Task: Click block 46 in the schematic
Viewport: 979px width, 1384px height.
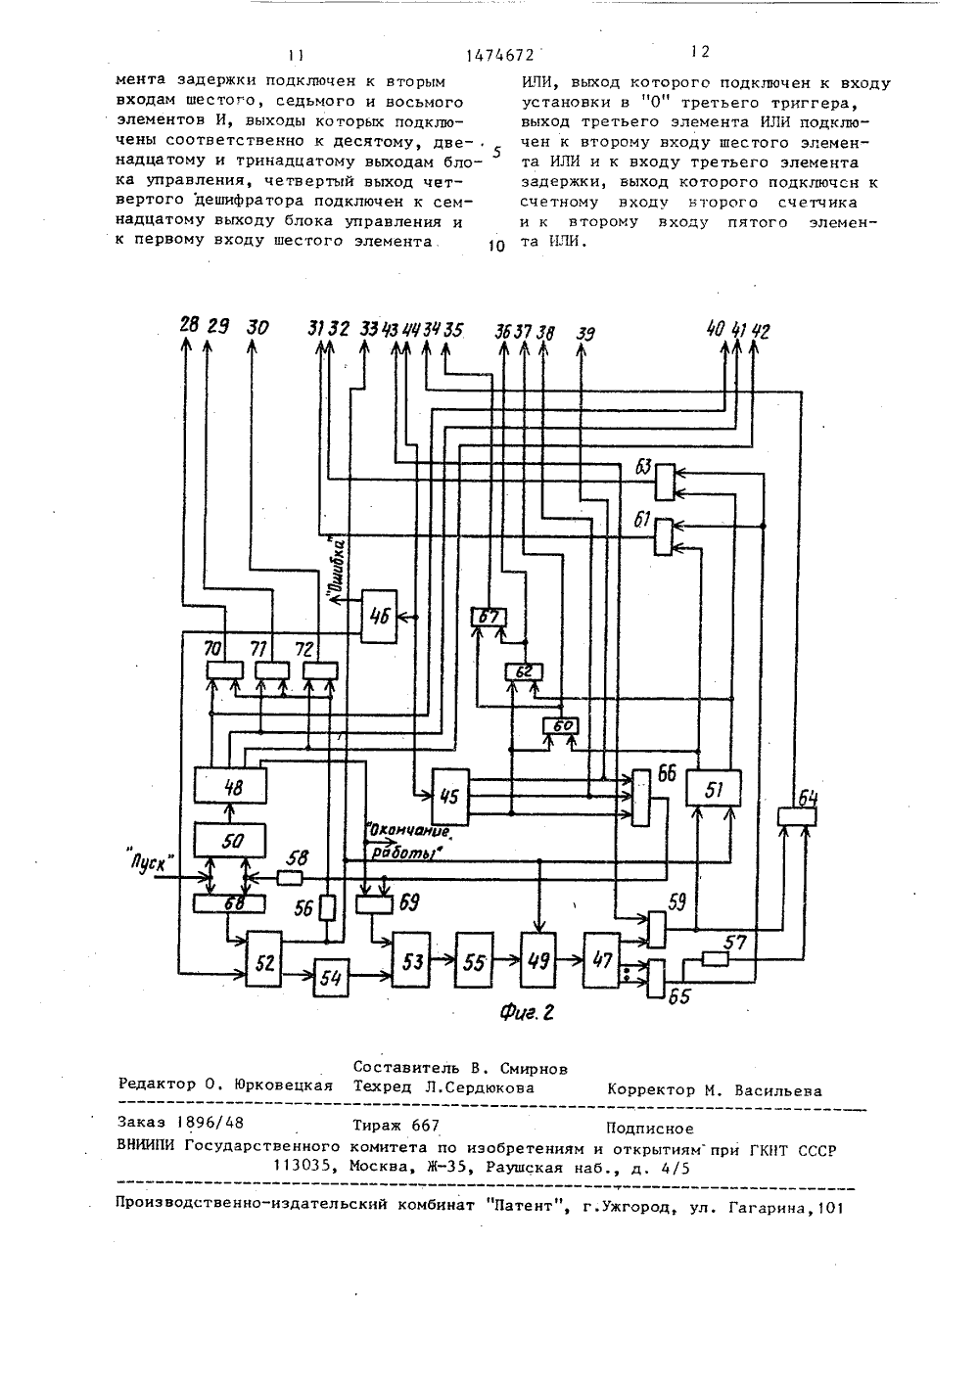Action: coord(379,616)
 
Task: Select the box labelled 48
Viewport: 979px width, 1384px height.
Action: coord(230,786)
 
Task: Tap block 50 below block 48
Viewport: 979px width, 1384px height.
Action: coord(230,840)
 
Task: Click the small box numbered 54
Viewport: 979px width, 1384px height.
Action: coord(331,978)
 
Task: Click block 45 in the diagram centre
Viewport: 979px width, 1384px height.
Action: coord(450,797)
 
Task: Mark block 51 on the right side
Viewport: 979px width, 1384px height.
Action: coord(714,788)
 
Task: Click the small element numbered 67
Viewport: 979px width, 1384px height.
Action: coord(489,617)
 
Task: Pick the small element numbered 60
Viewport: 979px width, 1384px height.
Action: coord(561,726)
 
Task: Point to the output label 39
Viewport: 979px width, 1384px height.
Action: coord(584,334)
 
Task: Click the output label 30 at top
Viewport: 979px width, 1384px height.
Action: coord(257,327)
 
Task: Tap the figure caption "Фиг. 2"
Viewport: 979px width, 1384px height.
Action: coord(527,1012)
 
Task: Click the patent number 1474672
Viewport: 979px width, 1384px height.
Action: coord(499,56)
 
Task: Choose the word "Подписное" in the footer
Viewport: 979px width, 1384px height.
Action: coord(650,1129)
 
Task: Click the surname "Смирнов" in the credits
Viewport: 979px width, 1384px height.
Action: coord(532,1068)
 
